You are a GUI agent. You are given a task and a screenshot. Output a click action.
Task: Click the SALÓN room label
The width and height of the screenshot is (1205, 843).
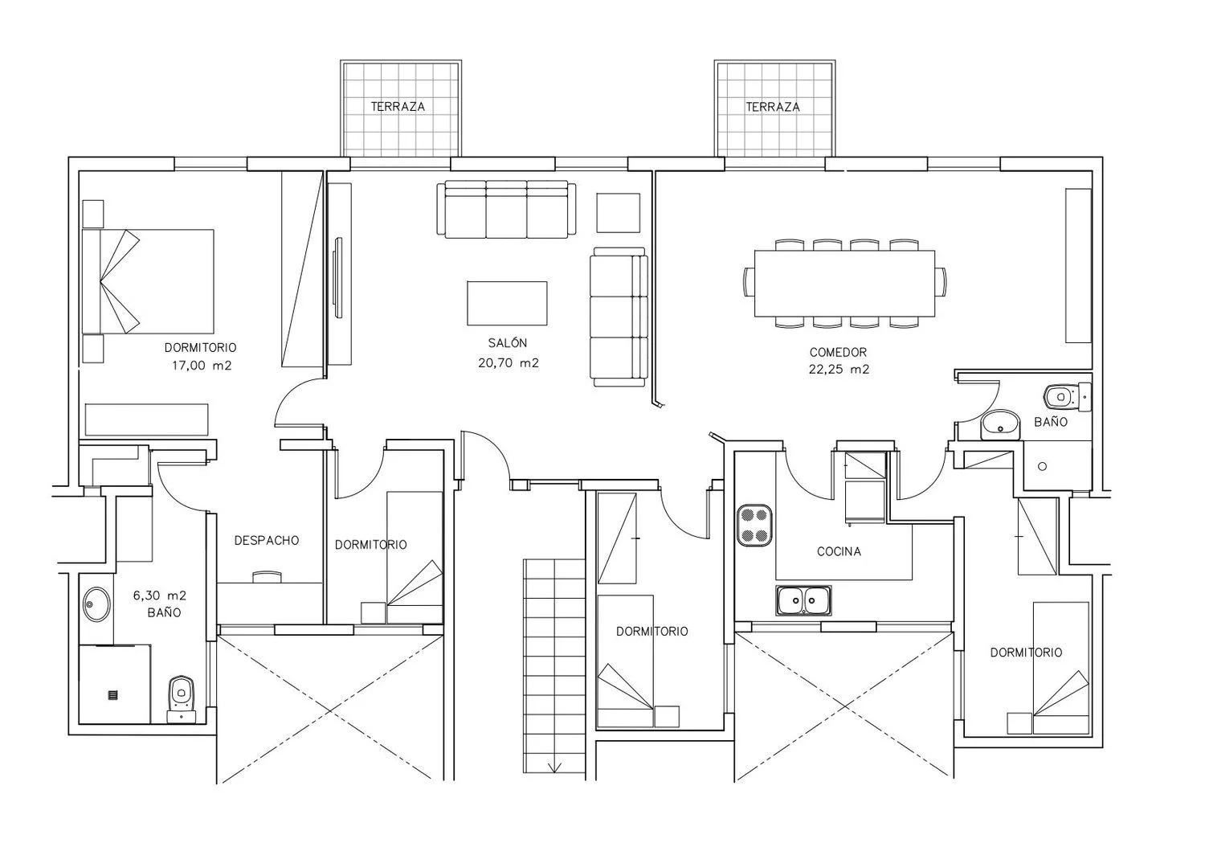(507, 342)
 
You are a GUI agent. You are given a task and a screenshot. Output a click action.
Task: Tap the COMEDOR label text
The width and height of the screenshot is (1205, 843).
(838, 352)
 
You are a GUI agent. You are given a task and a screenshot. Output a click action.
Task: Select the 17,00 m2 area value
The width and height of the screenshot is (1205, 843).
(202, 366)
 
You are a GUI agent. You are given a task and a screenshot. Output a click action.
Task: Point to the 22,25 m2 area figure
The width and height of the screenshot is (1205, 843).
(839, 370)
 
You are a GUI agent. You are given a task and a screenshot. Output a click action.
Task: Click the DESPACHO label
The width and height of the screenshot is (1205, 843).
(267, 540)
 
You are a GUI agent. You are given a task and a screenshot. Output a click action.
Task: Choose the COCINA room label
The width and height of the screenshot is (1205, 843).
(839, 551)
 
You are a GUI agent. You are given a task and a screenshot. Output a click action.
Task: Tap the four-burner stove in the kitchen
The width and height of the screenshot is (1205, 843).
(754, 525)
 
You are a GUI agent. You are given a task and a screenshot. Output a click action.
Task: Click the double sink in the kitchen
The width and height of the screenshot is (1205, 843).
(803, 600)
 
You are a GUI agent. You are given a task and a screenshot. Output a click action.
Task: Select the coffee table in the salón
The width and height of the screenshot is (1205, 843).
(507, 303)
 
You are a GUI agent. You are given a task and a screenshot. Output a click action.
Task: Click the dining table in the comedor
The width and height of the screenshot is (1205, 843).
(844, 283)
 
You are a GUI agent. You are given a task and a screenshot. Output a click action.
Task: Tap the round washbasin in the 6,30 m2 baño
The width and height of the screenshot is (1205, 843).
(97, 604)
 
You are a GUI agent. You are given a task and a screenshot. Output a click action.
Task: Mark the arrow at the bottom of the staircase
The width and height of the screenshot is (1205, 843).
(554, 767)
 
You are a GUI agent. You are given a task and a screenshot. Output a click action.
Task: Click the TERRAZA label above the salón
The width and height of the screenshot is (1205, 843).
(398, 107)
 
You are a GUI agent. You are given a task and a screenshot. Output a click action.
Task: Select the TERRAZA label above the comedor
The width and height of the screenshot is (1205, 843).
(773, 107)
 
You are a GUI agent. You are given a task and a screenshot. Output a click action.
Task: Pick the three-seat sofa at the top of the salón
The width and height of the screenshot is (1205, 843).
(506, 209)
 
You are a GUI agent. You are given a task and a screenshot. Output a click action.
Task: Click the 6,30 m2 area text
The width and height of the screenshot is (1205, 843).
(159, 595)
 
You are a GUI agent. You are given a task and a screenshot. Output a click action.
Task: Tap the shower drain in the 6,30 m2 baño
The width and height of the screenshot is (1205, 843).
(113, 694)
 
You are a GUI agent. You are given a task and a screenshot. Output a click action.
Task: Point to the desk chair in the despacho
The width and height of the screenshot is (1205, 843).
(267, 577)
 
